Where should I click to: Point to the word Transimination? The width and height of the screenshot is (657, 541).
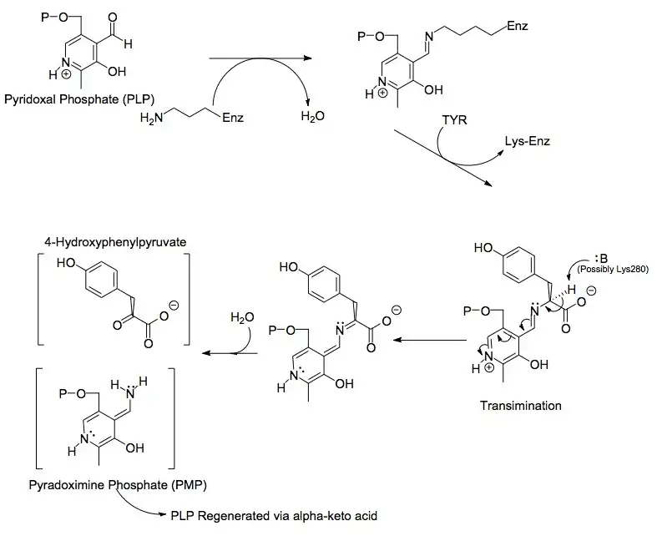tap(522, 407)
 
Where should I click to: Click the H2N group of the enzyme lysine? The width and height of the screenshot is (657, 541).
tap(153, 119)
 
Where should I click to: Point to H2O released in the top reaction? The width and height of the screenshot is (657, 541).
tap(312, 118)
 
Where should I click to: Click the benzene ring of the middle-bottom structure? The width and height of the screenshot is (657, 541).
tap(331, 285)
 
